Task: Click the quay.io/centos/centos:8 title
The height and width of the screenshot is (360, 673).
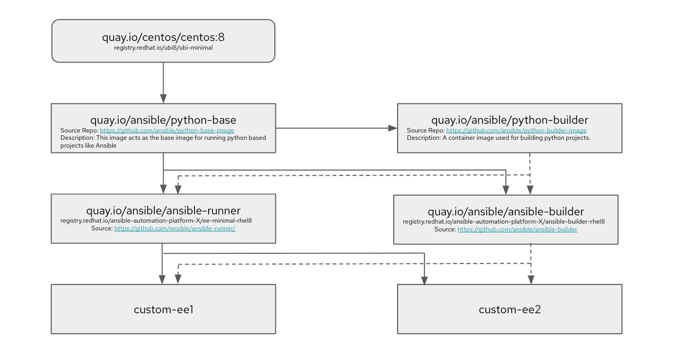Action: click(x=163, y=37)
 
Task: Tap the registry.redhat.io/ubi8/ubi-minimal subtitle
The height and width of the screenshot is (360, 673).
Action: click(x=163, y=48)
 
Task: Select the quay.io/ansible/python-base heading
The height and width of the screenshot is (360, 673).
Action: click(x=163, y=120)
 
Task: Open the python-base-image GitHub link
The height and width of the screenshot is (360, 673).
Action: click(x=167, y=130)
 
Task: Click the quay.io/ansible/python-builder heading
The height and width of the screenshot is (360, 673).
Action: click(x=509, y=120)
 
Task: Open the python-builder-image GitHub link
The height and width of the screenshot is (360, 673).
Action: click(x=516, y=130)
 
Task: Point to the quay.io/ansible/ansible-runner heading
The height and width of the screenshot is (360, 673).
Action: click(x=163, y=211)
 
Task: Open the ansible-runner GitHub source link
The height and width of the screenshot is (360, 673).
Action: click(x=175, y=229)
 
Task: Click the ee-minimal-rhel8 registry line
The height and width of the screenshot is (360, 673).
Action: click(x=160, y=221)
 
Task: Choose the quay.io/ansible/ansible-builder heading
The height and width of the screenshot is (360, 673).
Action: click(x=505, y=211)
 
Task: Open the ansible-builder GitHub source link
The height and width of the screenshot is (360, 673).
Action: click(x=517, y=230)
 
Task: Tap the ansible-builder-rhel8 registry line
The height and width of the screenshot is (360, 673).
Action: click(x=504, y=222)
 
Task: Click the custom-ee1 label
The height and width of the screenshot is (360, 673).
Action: click(x=164, y=310)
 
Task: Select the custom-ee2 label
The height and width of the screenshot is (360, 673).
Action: click(x=509, y=310)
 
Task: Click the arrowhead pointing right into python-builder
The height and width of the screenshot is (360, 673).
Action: click(x=393, y=128)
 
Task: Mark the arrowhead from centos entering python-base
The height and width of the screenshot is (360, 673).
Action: click(x=164, y=98)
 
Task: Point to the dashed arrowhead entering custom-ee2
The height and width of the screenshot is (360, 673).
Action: click(x=531, y=280)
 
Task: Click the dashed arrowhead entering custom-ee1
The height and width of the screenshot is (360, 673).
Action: click(x=178, y=280)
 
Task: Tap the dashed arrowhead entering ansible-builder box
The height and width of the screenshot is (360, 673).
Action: click(x=530, y=190)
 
